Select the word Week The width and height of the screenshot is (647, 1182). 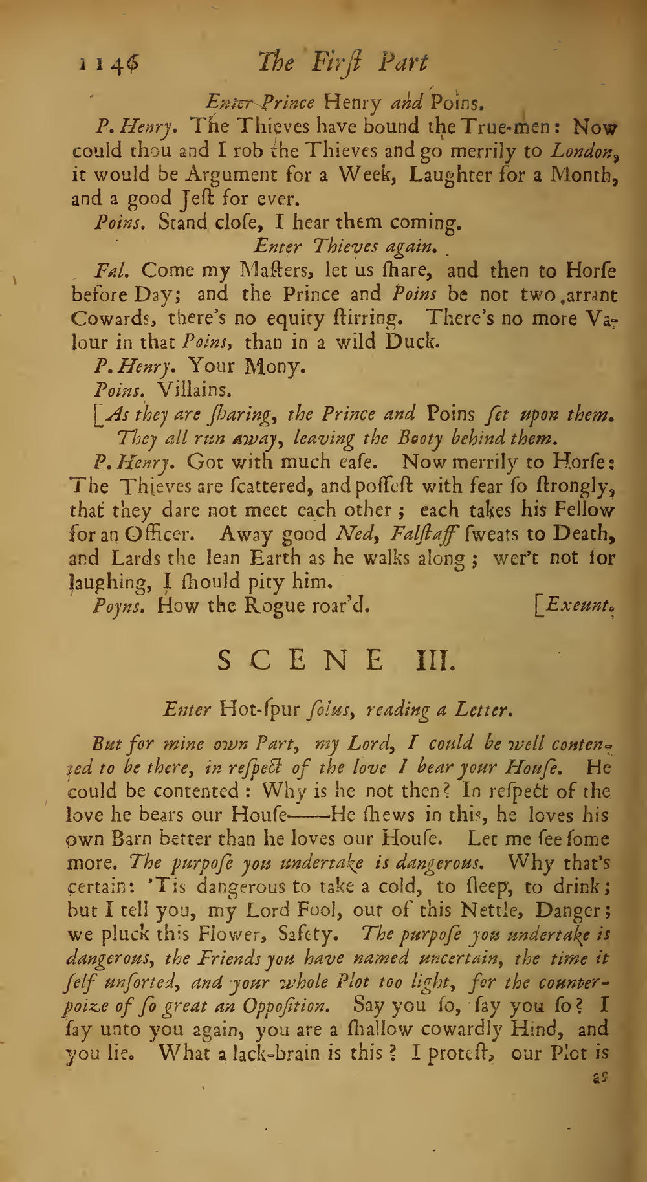pyautogui.click(x=362, y=175)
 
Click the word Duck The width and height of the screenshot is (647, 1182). pyautogui.click(x=412, y=342)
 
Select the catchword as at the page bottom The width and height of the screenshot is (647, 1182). pyautogui.click(x=601, y=1078)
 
